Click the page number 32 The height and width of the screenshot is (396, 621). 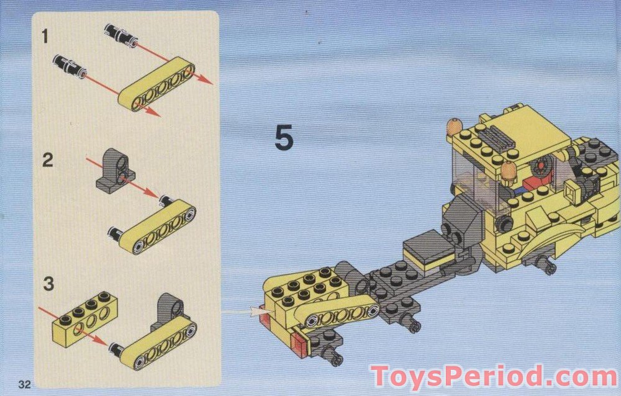click(24, 384)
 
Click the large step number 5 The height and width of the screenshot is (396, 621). click(284, 137)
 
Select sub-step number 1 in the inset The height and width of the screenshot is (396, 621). click(45, 37)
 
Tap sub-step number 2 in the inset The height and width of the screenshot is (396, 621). click(47, 160)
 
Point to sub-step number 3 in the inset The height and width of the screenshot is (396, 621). click(48, 284)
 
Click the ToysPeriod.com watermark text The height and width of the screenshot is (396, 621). click(494, 377)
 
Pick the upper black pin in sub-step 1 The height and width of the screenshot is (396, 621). click(121, 35)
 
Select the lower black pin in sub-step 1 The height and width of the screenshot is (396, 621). click(70, 66)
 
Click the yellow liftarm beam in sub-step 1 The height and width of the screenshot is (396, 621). click(157, 84)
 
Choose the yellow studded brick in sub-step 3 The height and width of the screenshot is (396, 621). click(81, 319)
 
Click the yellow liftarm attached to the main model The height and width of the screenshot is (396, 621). click(340, 313)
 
